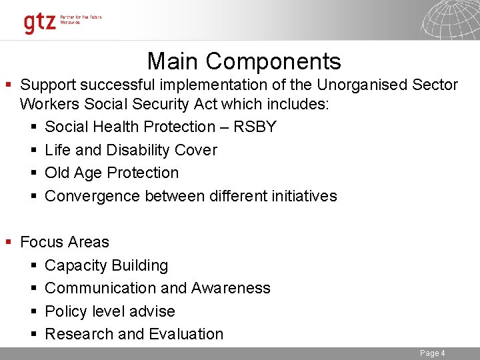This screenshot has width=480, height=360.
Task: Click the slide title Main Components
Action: pyautogui.click(x=244, y=61)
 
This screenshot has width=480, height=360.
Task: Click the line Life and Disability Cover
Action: pyautogui.click(x=131, y=150)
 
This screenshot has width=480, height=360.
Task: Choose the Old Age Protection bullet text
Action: pyautogui.click(x=111, y=173)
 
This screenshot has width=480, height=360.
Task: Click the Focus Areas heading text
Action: pyautogui.click(x=65, y=242)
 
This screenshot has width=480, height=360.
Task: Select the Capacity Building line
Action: pyautogui.click(x=106, y=265)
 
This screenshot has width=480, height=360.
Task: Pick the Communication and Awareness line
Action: pyautogui.click(x=157, y=288)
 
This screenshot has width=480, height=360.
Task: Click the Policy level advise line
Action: pyautogui.click(x=110, y=311)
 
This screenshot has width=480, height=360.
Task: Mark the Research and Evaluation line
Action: pyautogui.click(x=134, y=334)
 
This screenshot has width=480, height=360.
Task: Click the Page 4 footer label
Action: pyautogui.click(x=432, y=353)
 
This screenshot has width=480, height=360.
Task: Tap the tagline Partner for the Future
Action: pyautogui.click(x=79, y=17)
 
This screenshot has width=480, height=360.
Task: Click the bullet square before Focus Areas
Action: pyautogui.click(x=8, y=242)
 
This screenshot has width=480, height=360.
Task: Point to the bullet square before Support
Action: pyautogui.click(x=8, y=85)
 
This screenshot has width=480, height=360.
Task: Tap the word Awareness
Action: pyautogui.click(x=231, y=288)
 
